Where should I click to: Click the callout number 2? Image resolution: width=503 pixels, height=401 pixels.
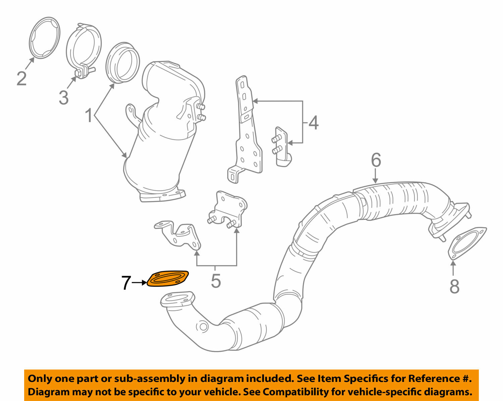pyautogui.click(x=21, y=79)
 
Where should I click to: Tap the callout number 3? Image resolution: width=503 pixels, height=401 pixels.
pyautogui.click(x=63, y=98)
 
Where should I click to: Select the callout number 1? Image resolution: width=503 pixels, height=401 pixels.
pyautogui.click(x=89, y=116)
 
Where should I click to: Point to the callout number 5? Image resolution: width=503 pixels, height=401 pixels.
pyautogui.click(x=216, y=281)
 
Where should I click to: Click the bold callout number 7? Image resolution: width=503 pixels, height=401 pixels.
pyautogui.click(x=126, y=283)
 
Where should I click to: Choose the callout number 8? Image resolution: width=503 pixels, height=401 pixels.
pyautogui.click(x=454, y=286)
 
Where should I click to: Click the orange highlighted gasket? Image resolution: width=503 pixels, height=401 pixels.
pyautogui.click(x=168, y=279)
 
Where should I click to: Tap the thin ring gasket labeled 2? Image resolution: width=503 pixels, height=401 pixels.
pyautogui.click(x=45, y=38)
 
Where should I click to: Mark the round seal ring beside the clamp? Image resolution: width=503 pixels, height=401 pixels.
pyautogui.click(x=122, y=62)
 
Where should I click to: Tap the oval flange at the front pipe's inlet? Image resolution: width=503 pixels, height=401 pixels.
pyautogui.click(x=177, y=299)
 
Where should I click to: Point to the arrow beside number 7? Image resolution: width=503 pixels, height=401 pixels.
pyautogui.click(x=139, y=283)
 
